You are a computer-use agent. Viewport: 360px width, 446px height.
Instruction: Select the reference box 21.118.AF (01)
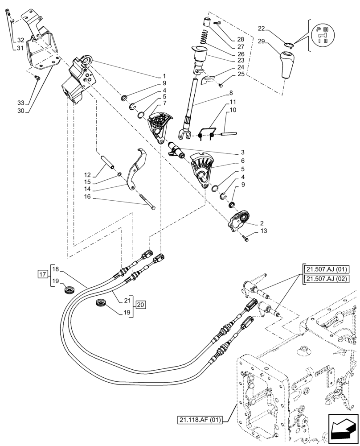(x=201, y=419)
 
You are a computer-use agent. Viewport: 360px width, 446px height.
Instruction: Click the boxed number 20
(x=140, y=305)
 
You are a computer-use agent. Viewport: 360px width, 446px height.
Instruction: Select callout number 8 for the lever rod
(x=231, y=93)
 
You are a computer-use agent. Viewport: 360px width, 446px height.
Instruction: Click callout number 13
(x=263, y=231)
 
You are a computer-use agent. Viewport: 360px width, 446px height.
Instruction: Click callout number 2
(x=263, y=222)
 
